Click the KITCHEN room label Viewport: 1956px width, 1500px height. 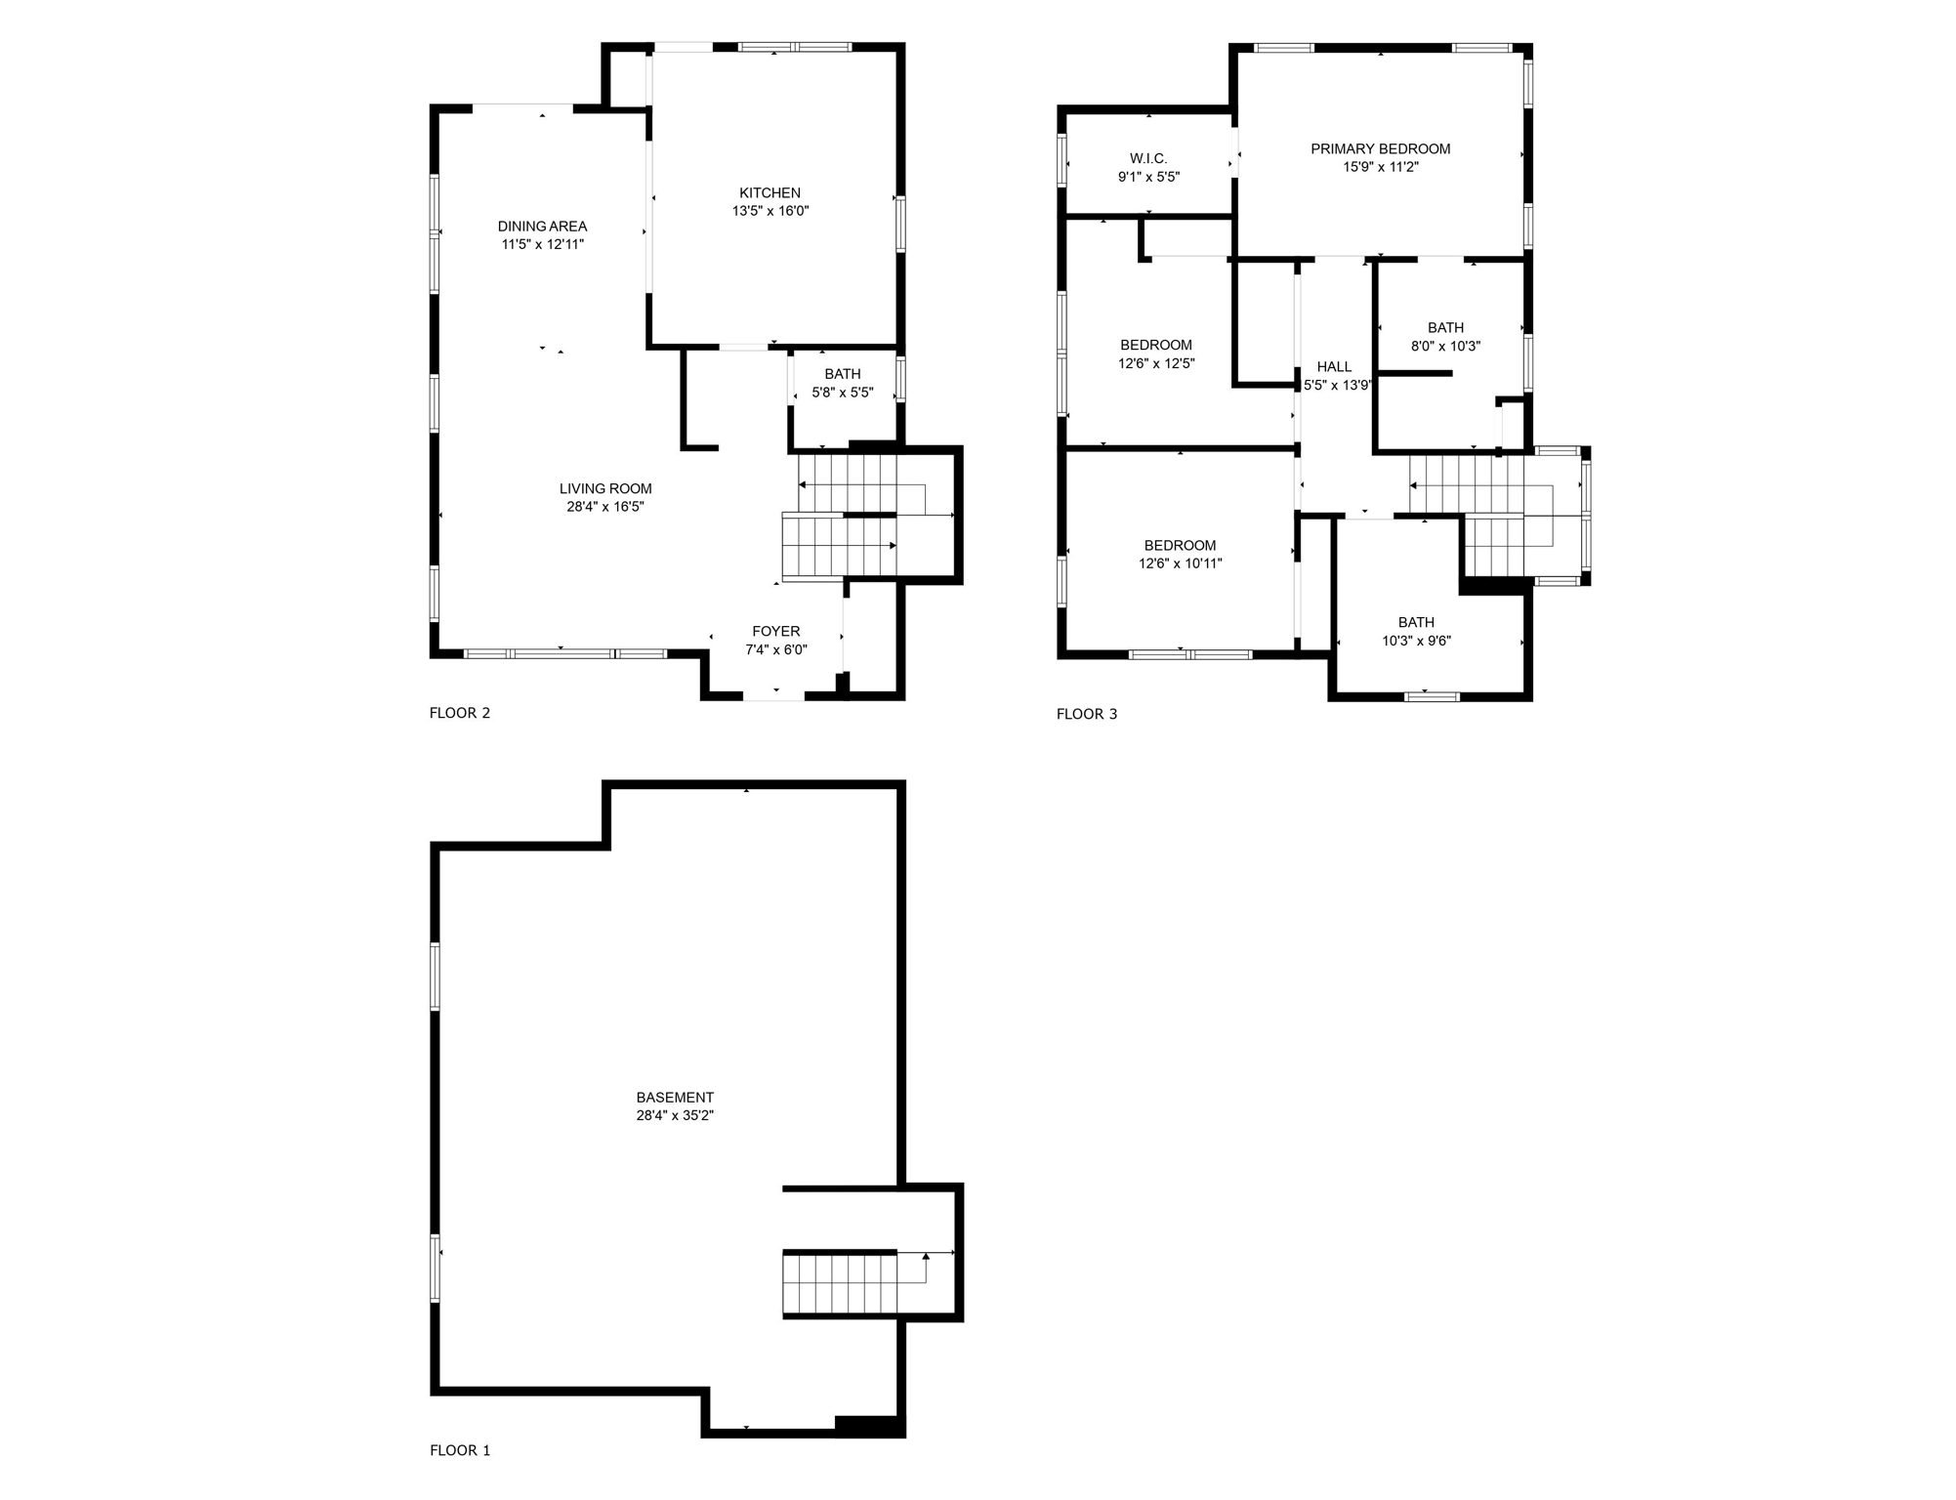click(x=770, y=192)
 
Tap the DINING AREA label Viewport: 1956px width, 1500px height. click(x=542, y=226)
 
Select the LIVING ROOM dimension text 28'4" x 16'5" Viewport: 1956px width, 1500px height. click(x=604, y=507)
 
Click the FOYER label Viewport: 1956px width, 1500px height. click(x=775, y=631)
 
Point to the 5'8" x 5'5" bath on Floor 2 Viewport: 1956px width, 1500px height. click(x=842, y=384)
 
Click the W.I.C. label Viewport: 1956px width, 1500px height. click(x=1148, y=158)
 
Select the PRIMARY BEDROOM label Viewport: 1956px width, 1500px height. click(x=1380, y=148)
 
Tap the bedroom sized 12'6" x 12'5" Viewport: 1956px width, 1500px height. click(x=1156, y=354)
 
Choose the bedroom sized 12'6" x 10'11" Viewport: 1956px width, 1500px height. click(x=1180, y=554)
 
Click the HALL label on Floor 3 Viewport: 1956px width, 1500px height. click(x=1334, y=366)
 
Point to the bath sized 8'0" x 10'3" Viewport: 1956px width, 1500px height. click(x=1445, y=337)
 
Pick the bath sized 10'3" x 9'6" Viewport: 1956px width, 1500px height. click(x=1416, y=632)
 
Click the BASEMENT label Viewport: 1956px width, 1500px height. click(x=675, y=1097)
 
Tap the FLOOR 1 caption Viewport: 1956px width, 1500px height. click(x=460, y=1450)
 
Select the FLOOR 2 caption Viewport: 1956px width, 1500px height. click(x=460, y=713)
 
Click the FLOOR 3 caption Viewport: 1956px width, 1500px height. click(x=1086, y=714)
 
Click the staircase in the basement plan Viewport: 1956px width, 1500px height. click(x=840, y=1283)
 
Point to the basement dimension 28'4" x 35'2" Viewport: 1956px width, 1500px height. click(x=675, y=1115)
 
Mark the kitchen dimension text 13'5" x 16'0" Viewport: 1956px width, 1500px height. click(x=770, y=211)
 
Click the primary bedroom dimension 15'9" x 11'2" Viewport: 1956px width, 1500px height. click(x=1380, y=167)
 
